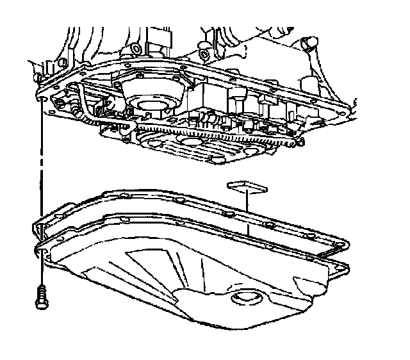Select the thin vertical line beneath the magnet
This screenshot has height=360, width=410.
click(x=247, y=211)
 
